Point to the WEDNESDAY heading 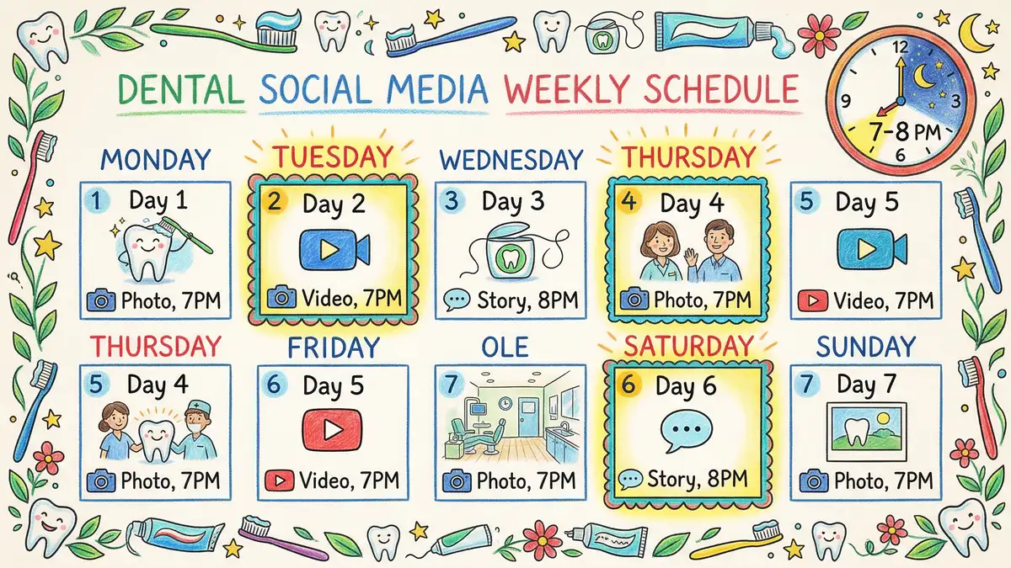tap(511, 159)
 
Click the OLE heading tap(505, 346)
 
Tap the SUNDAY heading tap(866, 346)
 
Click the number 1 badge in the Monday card tap(99, 201)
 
